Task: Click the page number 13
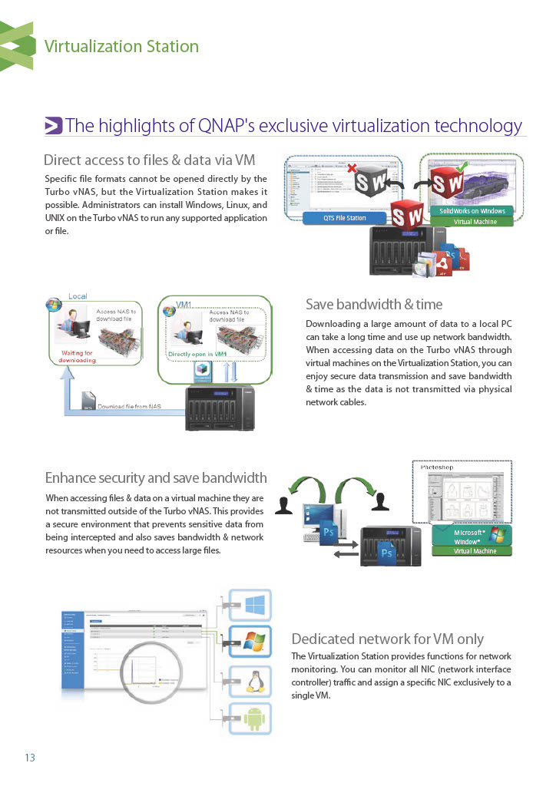point(30,758)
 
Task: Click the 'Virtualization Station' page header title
point(121,46)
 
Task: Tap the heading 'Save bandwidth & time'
point(374,304)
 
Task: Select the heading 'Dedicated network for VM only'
point(387,639)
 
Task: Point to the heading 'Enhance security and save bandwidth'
point(156,478)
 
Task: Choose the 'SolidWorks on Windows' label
point(472,211)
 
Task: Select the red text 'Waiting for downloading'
point(78,356)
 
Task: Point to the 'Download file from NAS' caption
point(128,406)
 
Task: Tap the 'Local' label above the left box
point(78,296)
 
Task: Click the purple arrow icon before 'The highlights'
point(53,126)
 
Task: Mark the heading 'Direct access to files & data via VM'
point(149,160)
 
